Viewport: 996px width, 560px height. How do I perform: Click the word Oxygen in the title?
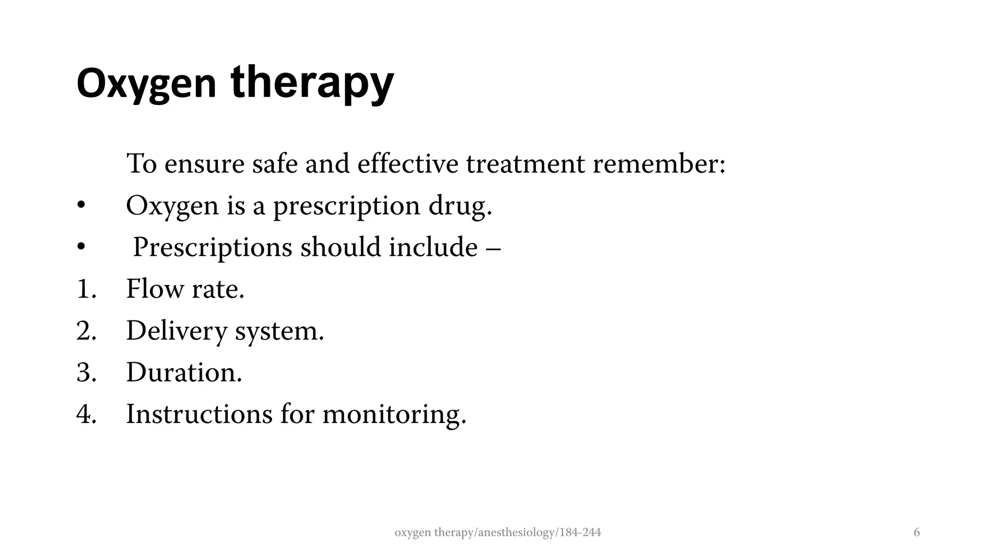(146, 84)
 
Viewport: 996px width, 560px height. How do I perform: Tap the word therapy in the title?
(312, 84)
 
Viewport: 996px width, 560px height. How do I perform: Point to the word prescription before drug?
(346, 206)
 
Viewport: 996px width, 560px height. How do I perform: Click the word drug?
(460, 206)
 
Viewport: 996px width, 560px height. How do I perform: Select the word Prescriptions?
(213, 247)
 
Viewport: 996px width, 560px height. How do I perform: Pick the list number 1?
(86, 289)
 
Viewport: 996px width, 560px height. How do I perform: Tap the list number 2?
(87, 331)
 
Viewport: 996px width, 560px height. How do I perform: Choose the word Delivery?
(177, 332)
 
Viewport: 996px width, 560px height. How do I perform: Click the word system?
(279, 332)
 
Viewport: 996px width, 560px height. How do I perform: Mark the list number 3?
(87, 373)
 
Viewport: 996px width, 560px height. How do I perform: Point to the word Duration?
(184, 373)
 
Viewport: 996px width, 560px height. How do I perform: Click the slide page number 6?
(917, 533)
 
